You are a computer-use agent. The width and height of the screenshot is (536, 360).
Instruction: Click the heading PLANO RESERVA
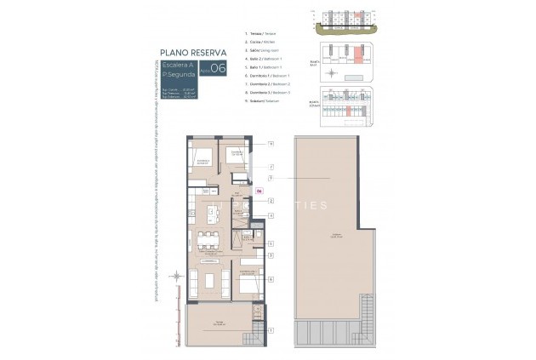click(192, 53)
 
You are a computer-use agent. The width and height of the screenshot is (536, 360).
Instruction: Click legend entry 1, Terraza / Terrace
click(260, 33)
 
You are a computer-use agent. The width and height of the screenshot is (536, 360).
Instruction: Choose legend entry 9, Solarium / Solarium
click(261, 100)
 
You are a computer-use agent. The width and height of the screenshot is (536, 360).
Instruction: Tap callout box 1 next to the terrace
click(271, 329)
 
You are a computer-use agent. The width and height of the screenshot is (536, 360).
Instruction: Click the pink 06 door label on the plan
click(259, 191)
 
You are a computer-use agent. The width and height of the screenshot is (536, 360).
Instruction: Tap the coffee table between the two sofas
click(209, 281)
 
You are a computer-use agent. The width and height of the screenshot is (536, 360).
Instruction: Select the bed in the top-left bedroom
click(202, 159)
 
